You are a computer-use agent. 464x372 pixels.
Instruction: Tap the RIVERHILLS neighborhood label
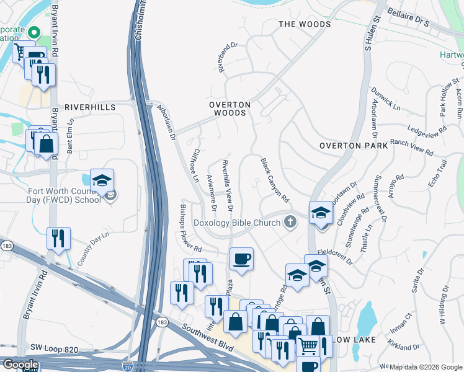pos(90,107)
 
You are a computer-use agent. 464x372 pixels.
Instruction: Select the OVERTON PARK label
pos(353,146)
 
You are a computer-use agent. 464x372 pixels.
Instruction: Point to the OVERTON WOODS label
pos(229,109)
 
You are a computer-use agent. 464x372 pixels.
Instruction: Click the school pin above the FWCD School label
pos(102,180)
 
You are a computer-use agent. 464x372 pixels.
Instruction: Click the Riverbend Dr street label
pos(228,57)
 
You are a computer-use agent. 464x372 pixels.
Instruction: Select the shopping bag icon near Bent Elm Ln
pos(46,143)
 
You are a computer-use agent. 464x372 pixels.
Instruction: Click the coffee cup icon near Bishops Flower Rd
pos(241,258)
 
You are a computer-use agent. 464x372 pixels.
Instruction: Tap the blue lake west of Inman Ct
pos(367,320)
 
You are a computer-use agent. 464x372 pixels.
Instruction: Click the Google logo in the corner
pos(20,365)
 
